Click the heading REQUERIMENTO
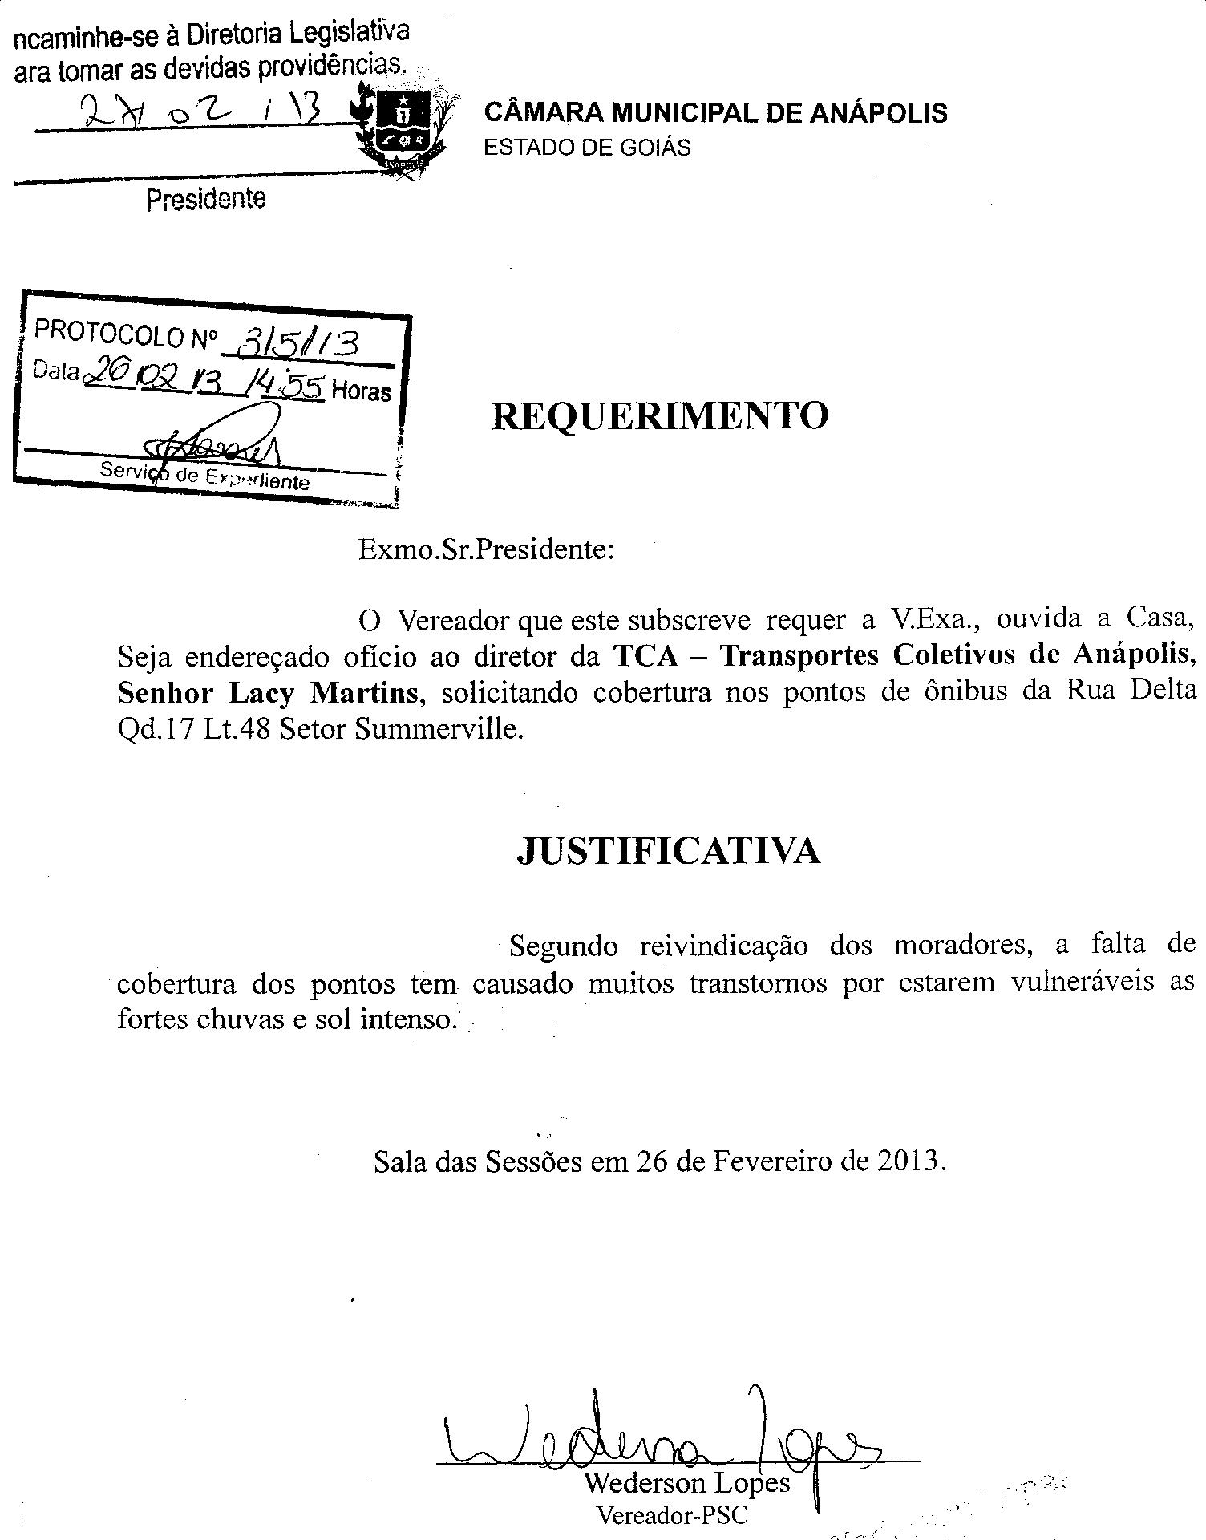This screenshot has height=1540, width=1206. pyautogui.click(x=659, y=416)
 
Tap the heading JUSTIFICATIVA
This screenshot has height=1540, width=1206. pyautogui.click(x=668, y=851)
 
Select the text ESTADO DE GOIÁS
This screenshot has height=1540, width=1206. pyautogui.click(x=587, y=148)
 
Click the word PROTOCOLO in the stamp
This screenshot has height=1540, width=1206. pyautogui.click(x=110, y=333)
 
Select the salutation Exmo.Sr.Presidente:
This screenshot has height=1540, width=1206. pyautogui.click(x=486, y=550)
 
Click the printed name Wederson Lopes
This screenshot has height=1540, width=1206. pyautogui.click(x=686, y=1482)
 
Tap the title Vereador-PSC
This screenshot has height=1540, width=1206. pyautogui.click(x=672, y=1515)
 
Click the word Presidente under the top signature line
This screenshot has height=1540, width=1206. pyautogui.click(x=206, y=199)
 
